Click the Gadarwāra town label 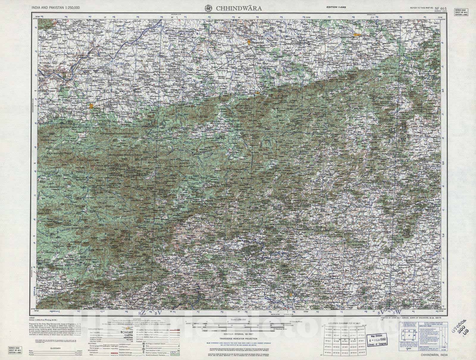coord(258,43)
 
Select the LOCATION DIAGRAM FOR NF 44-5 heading coord(345,323)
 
